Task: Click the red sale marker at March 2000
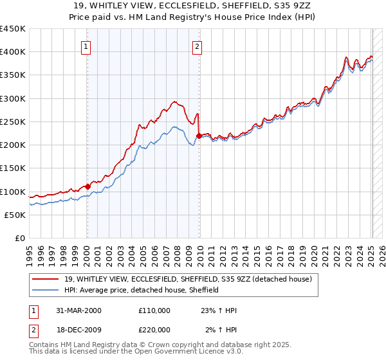coord(88,187)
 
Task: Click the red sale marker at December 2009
coord(199,136)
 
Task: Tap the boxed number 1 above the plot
coord(86,46)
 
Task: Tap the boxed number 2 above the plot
coord(197,46)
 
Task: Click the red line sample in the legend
coord(46,278)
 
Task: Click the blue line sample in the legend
coord(46,290)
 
